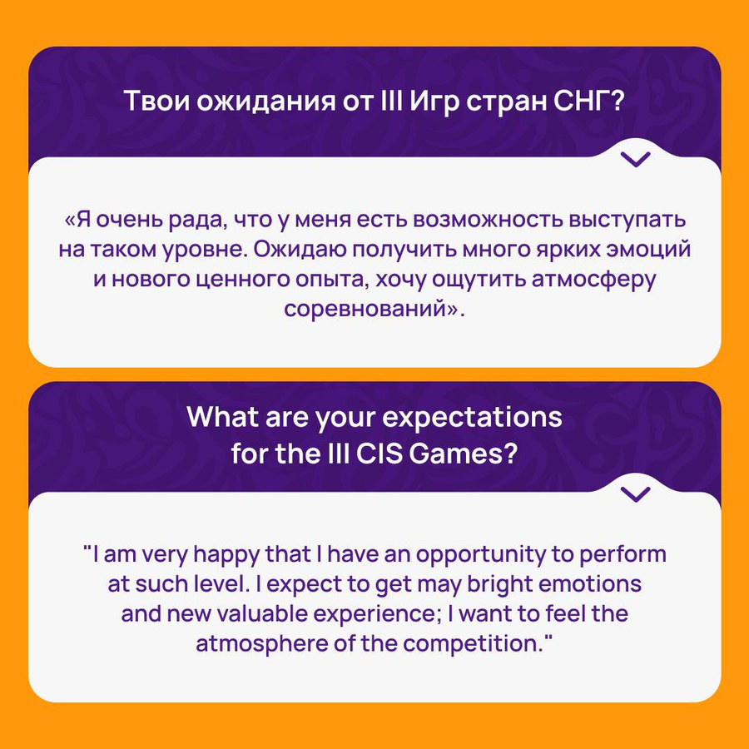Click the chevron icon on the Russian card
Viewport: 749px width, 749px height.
pyautogui.click(x=635, y=159)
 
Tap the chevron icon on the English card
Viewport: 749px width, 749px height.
pyautogui.click(x=635, y=494)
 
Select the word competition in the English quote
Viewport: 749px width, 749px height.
pyautogui.click(x=474, y=644)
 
